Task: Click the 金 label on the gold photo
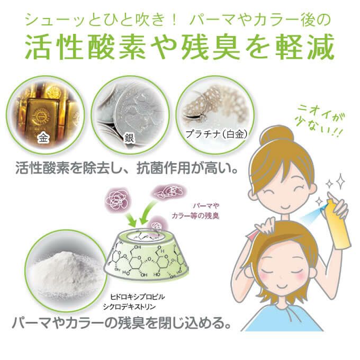tap(43, 138)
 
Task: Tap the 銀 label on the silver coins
tap(129, 139)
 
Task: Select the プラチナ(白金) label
tap(217, 134)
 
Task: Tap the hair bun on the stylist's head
tap(277, 134)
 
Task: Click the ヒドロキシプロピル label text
tap(138, 297)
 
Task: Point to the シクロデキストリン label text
tap(129, 307)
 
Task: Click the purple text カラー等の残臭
tap(195, 216)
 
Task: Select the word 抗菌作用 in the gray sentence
tap(163, 168)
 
